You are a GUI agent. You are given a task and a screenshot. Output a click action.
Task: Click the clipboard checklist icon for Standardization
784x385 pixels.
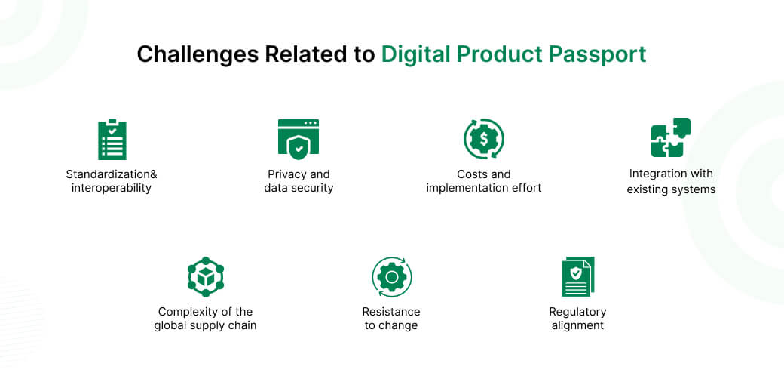112,140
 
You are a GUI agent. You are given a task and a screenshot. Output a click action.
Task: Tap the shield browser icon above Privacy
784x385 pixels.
299,139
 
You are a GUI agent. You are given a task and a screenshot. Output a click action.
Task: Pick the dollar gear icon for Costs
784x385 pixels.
483,139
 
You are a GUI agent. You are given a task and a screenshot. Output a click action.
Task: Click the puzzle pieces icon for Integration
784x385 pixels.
671,138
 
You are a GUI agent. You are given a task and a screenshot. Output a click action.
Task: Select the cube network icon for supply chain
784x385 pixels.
206,277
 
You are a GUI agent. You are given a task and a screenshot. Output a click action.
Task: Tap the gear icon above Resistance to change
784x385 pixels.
391,277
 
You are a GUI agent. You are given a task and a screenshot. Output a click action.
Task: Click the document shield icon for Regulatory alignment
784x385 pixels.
577,277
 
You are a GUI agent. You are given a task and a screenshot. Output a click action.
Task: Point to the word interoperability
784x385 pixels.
112,188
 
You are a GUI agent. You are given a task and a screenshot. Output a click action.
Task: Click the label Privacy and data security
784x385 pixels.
299,181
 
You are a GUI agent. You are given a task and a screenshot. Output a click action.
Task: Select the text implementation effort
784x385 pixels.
483,188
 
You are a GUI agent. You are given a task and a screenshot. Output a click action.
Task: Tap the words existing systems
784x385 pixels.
671,189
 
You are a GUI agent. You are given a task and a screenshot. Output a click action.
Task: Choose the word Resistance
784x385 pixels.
391,312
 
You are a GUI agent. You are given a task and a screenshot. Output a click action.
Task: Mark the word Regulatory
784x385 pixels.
577,312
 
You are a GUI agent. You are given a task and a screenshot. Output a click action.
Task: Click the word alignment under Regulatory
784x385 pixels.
577,325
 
